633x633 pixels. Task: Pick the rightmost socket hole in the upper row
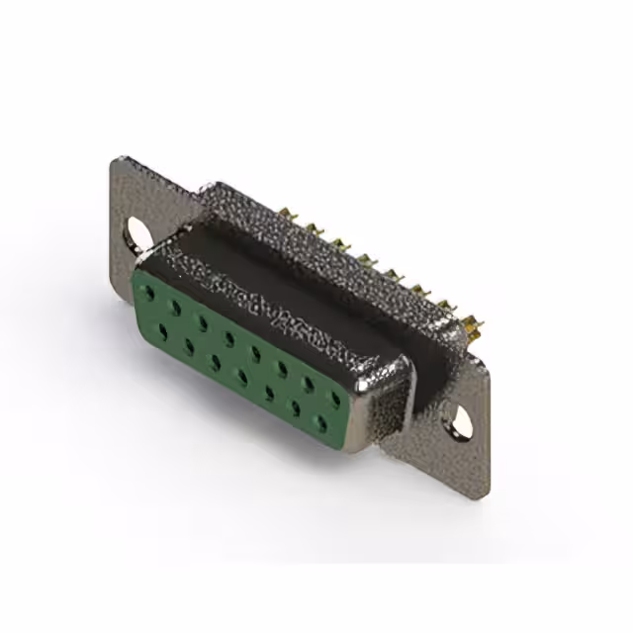[335, 399]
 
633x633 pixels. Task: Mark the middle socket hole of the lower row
[241, 377]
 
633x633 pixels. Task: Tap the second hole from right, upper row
[309, 384]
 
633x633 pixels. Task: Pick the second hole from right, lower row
[295, 407]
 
